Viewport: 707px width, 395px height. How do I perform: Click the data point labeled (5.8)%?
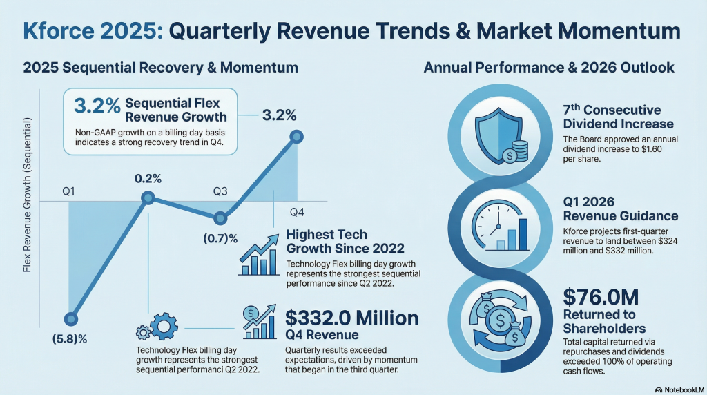(70, 318)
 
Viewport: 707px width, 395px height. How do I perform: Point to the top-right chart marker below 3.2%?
(297, 137)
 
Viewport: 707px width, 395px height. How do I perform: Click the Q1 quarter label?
(68, 191)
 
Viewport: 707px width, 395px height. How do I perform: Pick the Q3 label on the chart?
(220, 191)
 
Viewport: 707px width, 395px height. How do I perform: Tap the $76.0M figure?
(601, 298)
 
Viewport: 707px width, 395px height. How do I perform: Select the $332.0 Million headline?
(352, 318)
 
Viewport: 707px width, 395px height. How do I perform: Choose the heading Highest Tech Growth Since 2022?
(345, 242)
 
